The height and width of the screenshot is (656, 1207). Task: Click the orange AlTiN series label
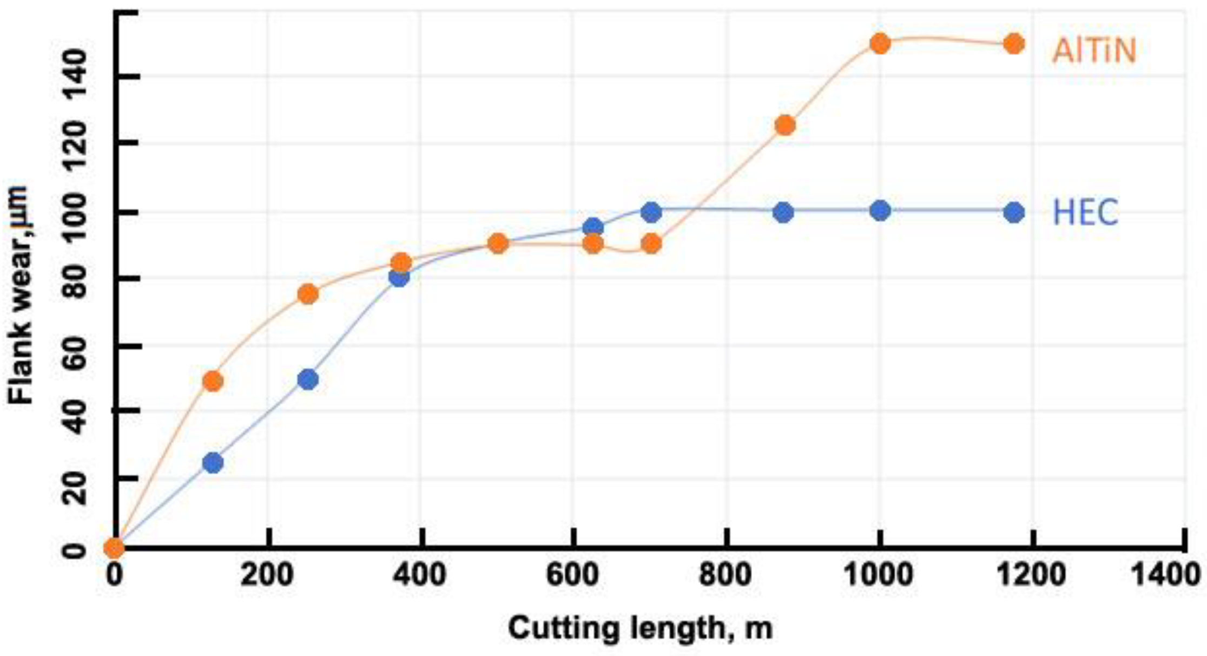point(1093,51)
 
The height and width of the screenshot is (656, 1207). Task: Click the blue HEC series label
point(1085,213)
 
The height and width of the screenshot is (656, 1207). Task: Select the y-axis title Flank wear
point(21,295)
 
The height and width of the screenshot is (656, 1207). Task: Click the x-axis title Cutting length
point(640,628)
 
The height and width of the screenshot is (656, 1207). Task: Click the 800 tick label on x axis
point(725,574)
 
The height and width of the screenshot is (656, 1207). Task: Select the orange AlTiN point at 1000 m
point(880,43)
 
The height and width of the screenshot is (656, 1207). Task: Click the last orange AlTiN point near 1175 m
point(1014,44)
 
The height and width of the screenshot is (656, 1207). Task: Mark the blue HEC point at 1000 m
point(880,211)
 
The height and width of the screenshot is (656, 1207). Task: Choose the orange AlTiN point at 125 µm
point(785,125)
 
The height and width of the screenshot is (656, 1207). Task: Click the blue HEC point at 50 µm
point(308,380)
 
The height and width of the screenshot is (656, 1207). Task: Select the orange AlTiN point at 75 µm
point(308,294)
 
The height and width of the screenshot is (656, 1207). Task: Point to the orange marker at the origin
point(114,548)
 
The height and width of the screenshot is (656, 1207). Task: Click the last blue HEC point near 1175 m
point(1014,213)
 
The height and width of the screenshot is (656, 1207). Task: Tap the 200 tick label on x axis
point(268,574)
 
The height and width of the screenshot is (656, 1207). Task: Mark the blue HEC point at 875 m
point(783,213)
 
